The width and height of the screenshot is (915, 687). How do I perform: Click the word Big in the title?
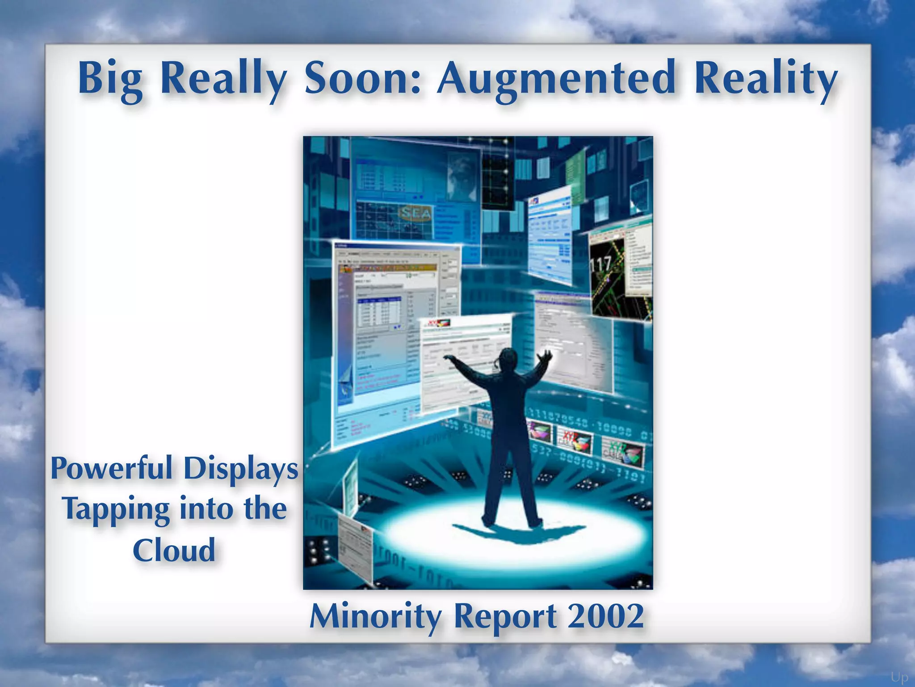tap(110, 78)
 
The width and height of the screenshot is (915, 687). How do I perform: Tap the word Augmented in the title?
tap(556, 78)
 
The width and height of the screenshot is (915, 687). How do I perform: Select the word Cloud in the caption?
tap(174, 550)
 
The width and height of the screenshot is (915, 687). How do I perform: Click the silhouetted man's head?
tap(508, 358)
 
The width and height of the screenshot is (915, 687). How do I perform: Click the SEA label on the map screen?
tap(416, 213)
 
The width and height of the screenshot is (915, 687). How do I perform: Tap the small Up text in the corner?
tap(899, 677)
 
